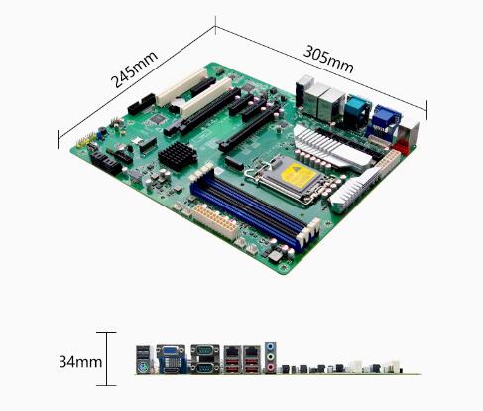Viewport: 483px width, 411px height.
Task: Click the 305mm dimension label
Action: click(328, 59)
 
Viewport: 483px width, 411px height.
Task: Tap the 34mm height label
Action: click(80, 362)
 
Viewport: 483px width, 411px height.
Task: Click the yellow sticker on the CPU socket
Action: click(297, 176)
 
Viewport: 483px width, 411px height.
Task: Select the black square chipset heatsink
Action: click(178, 156)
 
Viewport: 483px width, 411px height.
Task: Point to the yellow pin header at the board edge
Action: click(86, 140)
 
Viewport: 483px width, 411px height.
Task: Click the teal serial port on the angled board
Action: click(357, 110)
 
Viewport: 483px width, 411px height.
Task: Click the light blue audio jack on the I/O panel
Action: click(271, 347)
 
